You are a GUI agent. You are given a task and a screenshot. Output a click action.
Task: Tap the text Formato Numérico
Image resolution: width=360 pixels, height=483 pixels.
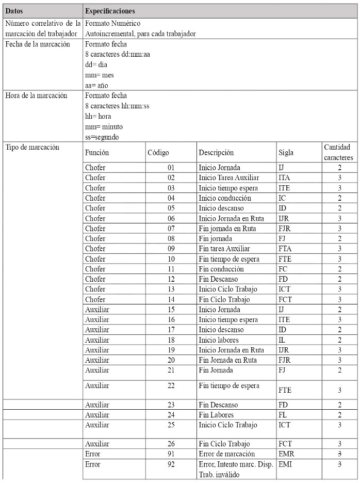tap(112, 24)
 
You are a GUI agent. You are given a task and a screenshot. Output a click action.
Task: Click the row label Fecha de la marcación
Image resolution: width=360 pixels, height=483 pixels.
tap(37, 44)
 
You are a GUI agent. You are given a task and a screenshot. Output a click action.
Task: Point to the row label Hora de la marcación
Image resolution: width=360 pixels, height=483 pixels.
tap(36, 95)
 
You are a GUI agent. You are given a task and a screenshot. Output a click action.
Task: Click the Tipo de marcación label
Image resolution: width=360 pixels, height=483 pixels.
tap(32, 147)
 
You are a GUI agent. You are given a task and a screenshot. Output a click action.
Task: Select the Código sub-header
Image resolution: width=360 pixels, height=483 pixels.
tap(158, 153)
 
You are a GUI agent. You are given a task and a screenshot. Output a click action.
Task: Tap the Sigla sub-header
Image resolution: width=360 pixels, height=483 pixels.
tap(286, 153)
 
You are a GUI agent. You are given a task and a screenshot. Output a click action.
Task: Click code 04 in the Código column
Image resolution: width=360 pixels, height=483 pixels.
tap(171, 198)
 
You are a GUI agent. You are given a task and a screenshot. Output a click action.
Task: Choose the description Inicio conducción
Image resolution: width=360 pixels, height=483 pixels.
tap(225, 198)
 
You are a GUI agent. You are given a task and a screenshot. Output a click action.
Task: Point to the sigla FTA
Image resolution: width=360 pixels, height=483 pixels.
tap(285, 249)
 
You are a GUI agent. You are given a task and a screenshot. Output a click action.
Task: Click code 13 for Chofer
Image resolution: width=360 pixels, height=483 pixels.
tap(171, 289)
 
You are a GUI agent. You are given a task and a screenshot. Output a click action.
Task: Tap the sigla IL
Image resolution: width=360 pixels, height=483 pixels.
tap(282, 340)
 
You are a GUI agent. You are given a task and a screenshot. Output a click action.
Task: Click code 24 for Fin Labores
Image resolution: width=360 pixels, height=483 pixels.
tap(171, 415)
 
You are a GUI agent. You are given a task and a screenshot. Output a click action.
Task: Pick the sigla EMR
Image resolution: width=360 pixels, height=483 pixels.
tap(286, 454)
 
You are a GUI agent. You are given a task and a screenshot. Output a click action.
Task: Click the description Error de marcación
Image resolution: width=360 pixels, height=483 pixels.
tap(227, 454)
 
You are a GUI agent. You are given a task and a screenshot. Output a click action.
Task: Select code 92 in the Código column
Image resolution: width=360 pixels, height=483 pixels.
tap(171, 464)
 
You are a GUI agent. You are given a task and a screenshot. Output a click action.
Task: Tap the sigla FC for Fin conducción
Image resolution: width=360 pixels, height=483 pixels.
tap(283, 269)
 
